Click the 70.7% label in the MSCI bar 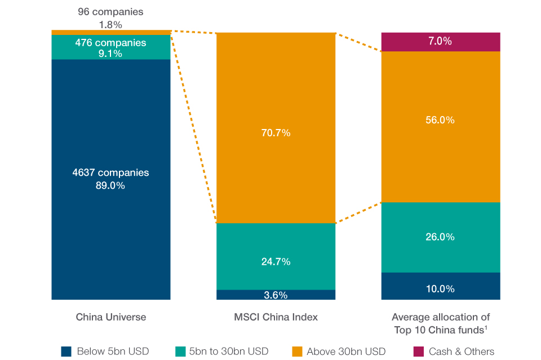point(276,133)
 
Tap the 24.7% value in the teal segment point(276,261)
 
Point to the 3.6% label point(276,295)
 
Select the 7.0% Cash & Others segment point(440,41)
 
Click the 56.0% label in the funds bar point(440,120)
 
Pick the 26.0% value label point(440,237)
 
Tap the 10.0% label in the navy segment point(440,289)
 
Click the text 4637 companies point(110,172)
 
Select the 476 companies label point(110,43)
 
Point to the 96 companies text point(110,11)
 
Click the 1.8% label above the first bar point(110,24)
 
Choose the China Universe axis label point(111,317)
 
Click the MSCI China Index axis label point(276,317)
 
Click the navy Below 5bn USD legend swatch point(66,352)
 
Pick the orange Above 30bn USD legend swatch point(296,352)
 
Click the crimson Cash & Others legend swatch point(419,352)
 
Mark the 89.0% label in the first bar point(110,185)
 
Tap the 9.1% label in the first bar point(110,54)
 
